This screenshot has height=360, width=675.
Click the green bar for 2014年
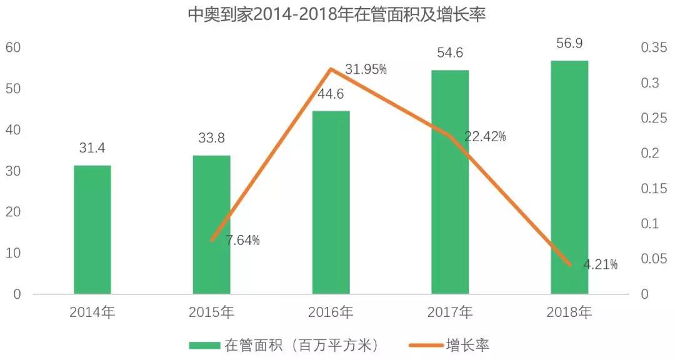click(92, 229)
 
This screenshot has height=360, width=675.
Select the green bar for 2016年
click(331, 202)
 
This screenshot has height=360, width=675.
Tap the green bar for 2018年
click(569, 177)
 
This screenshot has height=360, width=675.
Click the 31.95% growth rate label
click(366, 70)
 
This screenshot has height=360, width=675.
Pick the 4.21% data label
click(600, 264)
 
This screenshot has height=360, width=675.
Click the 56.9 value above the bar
click(569, 44)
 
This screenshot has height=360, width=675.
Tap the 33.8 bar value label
click(211, 137)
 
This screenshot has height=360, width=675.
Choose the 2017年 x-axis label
click(450, 311)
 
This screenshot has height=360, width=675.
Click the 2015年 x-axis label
click(211, 311)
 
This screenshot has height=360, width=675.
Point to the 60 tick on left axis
click(13, 47)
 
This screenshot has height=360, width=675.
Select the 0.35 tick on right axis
click(654, 47)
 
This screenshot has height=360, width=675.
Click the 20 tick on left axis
click(13, 212)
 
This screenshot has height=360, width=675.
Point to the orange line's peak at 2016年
click(331, 69)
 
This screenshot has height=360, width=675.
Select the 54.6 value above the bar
click(450, 53)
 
